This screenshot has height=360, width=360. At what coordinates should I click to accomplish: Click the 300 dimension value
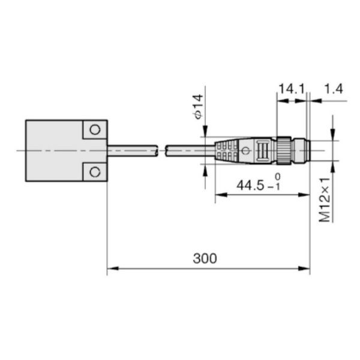205,259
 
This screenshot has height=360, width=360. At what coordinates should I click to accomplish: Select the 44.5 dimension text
250,185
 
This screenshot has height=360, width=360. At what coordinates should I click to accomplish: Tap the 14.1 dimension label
291,89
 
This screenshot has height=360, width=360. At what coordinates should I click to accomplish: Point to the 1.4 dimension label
333,89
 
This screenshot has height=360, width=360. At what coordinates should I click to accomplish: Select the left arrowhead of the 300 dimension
112,269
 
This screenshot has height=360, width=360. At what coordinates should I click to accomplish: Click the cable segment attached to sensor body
132,150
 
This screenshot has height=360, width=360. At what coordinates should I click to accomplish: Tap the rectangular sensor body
54,151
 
